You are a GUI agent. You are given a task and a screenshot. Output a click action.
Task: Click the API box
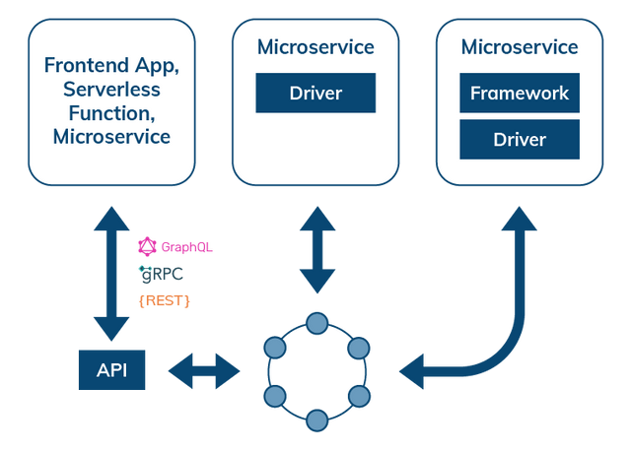click(111, 370)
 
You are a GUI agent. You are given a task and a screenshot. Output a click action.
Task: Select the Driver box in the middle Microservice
click(315, 94)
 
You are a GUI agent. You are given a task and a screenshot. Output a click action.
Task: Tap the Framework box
click(520, 94)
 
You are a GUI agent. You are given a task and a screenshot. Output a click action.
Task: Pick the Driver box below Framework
click(520, 139)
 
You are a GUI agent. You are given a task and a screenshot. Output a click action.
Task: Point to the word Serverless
click(111, 90)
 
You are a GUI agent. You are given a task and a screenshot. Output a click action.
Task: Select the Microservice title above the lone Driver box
click(315, 47)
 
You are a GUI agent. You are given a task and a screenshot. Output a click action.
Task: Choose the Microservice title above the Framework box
click(520, 47)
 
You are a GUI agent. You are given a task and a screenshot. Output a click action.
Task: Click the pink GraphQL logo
click(175, 245)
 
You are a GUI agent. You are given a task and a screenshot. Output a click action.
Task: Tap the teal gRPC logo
click(163, 272)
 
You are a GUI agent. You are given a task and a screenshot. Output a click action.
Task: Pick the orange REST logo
click(165, 299)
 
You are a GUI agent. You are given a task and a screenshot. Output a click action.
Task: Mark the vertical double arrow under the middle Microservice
click(316, 250)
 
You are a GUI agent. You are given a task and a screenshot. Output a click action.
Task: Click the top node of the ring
click(316, 322)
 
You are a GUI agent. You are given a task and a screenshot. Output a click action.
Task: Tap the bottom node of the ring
click(316, 421)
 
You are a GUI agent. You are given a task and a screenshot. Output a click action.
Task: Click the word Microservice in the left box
click(111, 137)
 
